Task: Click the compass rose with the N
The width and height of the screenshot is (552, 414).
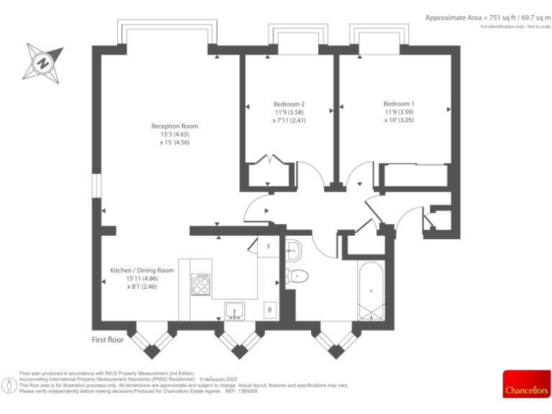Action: pyautogui.click(x=42, y=61)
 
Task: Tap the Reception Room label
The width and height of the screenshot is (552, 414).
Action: pyautogui.click(x=175, y=126)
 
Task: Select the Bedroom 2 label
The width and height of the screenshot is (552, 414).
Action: pyautogui.click(x=288, y=103)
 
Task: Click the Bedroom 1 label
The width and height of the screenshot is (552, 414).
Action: pyautogui.click(x=398, y=103)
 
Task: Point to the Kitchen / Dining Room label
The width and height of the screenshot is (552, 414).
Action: pyautogui.click(x=142, y=270)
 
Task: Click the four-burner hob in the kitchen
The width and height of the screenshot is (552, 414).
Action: pyautogui.click(x=201, y=285)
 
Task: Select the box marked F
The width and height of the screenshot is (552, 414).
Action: pyautogui.click(x=269, y=247)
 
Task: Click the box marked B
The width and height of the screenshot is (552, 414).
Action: pyautogui.click(x=270, y=310)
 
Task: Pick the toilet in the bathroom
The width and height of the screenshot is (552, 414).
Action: pyautogui.click(x=298, y=275)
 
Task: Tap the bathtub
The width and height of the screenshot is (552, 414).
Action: pyautogui.click(x=371, y=290)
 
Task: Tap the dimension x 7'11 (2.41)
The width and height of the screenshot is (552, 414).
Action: pyautogui.click(x=288, y=121)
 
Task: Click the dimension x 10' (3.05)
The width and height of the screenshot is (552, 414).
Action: pyautogui.click(x=398, y=121)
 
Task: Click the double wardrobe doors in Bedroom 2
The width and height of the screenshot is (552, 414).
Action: pyautogui.click(x=270, y=160)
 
